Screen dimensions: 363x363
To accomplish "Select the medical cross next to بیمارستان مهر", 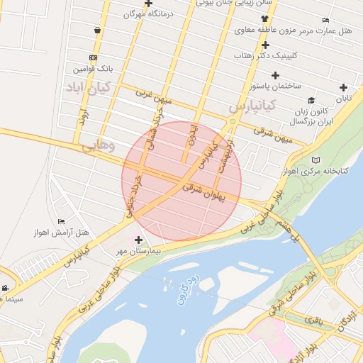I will [x=138, y=240].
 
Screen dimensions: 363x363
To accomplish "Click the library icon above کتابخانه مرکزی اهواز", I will [x=315, y=160].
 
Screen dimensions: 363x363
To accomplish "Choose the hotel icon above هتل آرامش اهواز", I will [x=60, y=222].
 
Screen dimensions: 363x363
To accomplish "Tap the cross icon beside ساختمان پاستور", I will [x=275, y=75].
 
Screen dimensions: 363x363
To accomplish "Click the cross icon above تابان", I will [x=344, y=88].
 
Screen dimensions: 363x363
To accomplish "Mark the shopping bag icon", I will [x=96, y=30].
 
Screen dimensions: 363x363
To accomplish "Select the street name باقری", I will [x=313, y=320].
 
